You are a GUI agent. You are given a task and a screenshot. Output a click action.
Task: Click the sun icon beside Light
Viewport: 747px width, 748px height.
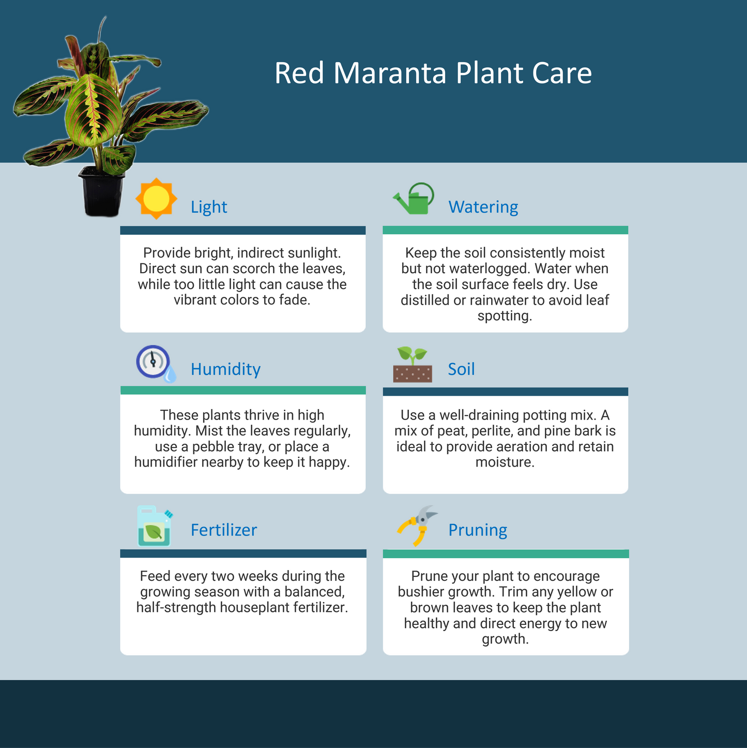pyautogui.click(x=156, y=198)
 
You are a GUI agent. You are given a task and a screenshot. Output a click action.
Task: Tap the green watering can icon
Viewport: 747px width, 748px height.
pyautogui.click(x=413, y=198)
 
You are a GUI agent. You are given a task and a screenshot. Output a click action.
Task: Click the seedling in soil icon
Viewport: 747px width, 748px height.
pyautogui.click(x=413, y=365)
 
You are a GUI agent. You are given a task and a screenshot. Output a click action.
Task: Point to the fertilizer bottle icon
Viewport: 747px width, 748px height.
pyautogui.click(x=155, y=526)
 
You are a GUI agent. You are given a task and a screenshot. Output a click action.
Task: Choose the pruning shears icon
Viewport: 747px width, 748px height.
pyautogui.click(x=417, y=526)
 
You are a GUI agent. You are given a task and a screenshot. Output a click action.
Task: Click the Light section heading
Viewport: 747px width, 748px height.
pyautogui.click(x=209, y=207)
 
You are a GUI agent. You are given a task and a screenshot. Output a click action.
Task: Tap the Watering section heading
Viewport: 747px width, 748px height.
pyautogui.click(x=483, y=207)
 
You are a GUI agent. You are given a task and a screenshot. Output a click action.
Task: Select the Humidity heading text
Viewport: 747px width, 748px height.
pyautogui.click(x=225, y=369)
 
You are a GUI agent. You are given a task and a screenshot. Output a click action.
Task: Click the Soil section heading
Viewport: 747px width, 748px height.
pyautogui.click(x=462, y=369)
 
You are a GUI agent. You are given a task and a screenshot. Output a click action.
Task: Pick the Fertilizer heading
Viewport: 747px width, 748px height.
pyautogui.click(x=224, y=530)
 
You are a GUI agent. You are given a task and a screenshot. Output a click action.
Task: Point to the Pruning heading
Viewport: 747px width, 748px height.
pyautogui.click(x=478, y=530)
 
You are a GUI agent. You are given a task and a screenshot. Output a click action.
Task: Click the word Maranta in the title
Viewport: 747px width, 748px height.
pyautogui.click(x=390, y=73)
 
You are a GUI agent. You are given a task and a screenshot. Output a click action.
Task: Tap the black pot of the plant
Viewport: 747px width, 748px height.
pyautogui.click(x=101, y=191)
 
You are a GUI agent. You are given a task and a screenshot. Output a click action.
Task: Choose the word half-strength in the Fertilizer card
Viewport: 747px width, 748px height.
pyautogui.click(x=176, y=607)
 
